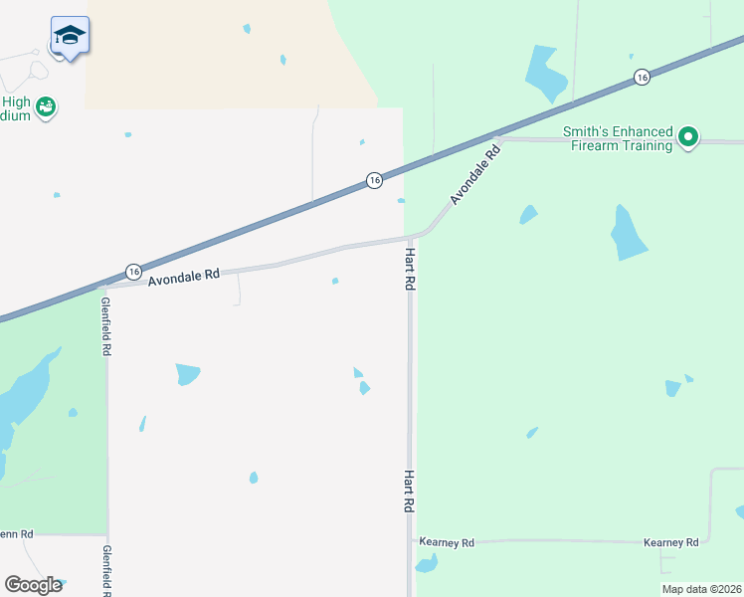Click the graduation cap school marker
[x=70, y=36]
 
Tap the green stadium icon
[x=46, y=106]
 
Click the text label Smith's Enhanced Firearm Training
[x=618, y=138]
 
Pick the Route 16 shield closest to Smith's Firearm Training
[x=642, y=78]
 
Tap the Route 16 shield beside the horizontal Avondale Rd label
[x=133, y=272]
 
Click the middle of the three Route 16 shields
[x=373, y=180]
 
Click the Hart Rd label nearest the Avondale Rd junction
[x=409, y=270]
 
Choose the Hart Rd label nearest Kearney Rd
[x=409, y=492]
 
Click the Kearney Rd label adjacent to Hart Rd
[x=447, y=542]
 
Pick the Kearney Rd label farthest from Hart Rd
[x=670, y=542]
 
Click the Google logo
[x=33, y=585]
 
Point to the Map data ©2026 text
[x=701, y=589]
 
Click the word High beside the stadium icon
[x=16, y=101]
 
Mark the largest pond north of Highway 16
[x=545, y=72]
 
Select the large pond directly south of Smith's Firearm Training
[x=628, y=234]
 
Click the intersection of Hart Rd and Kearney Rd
[x=410, y=541]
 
